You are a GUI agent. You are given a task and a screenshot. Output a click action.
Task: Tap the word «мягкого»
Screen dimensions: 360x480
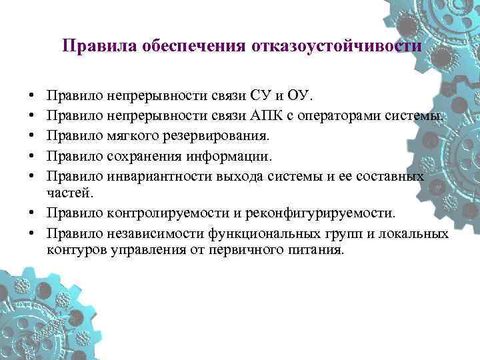click(128, 136)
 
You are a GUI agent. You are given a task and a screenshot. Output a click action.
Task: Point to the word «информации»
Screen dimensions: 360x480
click(229, 157)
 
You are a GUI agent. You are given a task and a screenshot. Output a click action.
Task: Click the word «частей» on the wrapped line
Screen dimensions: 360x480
click(65, 193)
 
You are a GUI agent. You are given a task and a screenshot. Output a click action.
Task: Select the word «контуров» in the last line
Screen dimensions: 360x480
click(71, 251)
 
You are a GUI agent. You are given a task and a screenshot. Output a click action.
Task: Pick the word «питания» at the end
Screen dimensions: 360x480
click(319, 251)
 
